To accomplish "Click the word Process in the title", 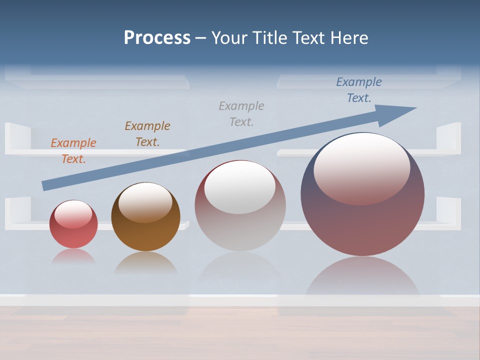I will click(x=157, y=38).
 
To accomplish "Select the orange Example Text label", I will click(x=73, y=151).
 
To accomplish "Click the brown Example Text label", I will click(x=147, y=134).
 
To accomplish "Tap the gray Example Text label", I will click(x=241, y=114).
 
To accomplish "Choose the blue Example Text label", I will click(x=359, y=90).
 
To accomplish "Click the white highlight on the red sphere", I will click(x=73, y=213).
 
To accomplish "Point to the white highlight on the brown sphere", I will click(x=145, y=201).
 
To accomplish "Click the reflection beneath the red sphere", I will click(x=73, y=257).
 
